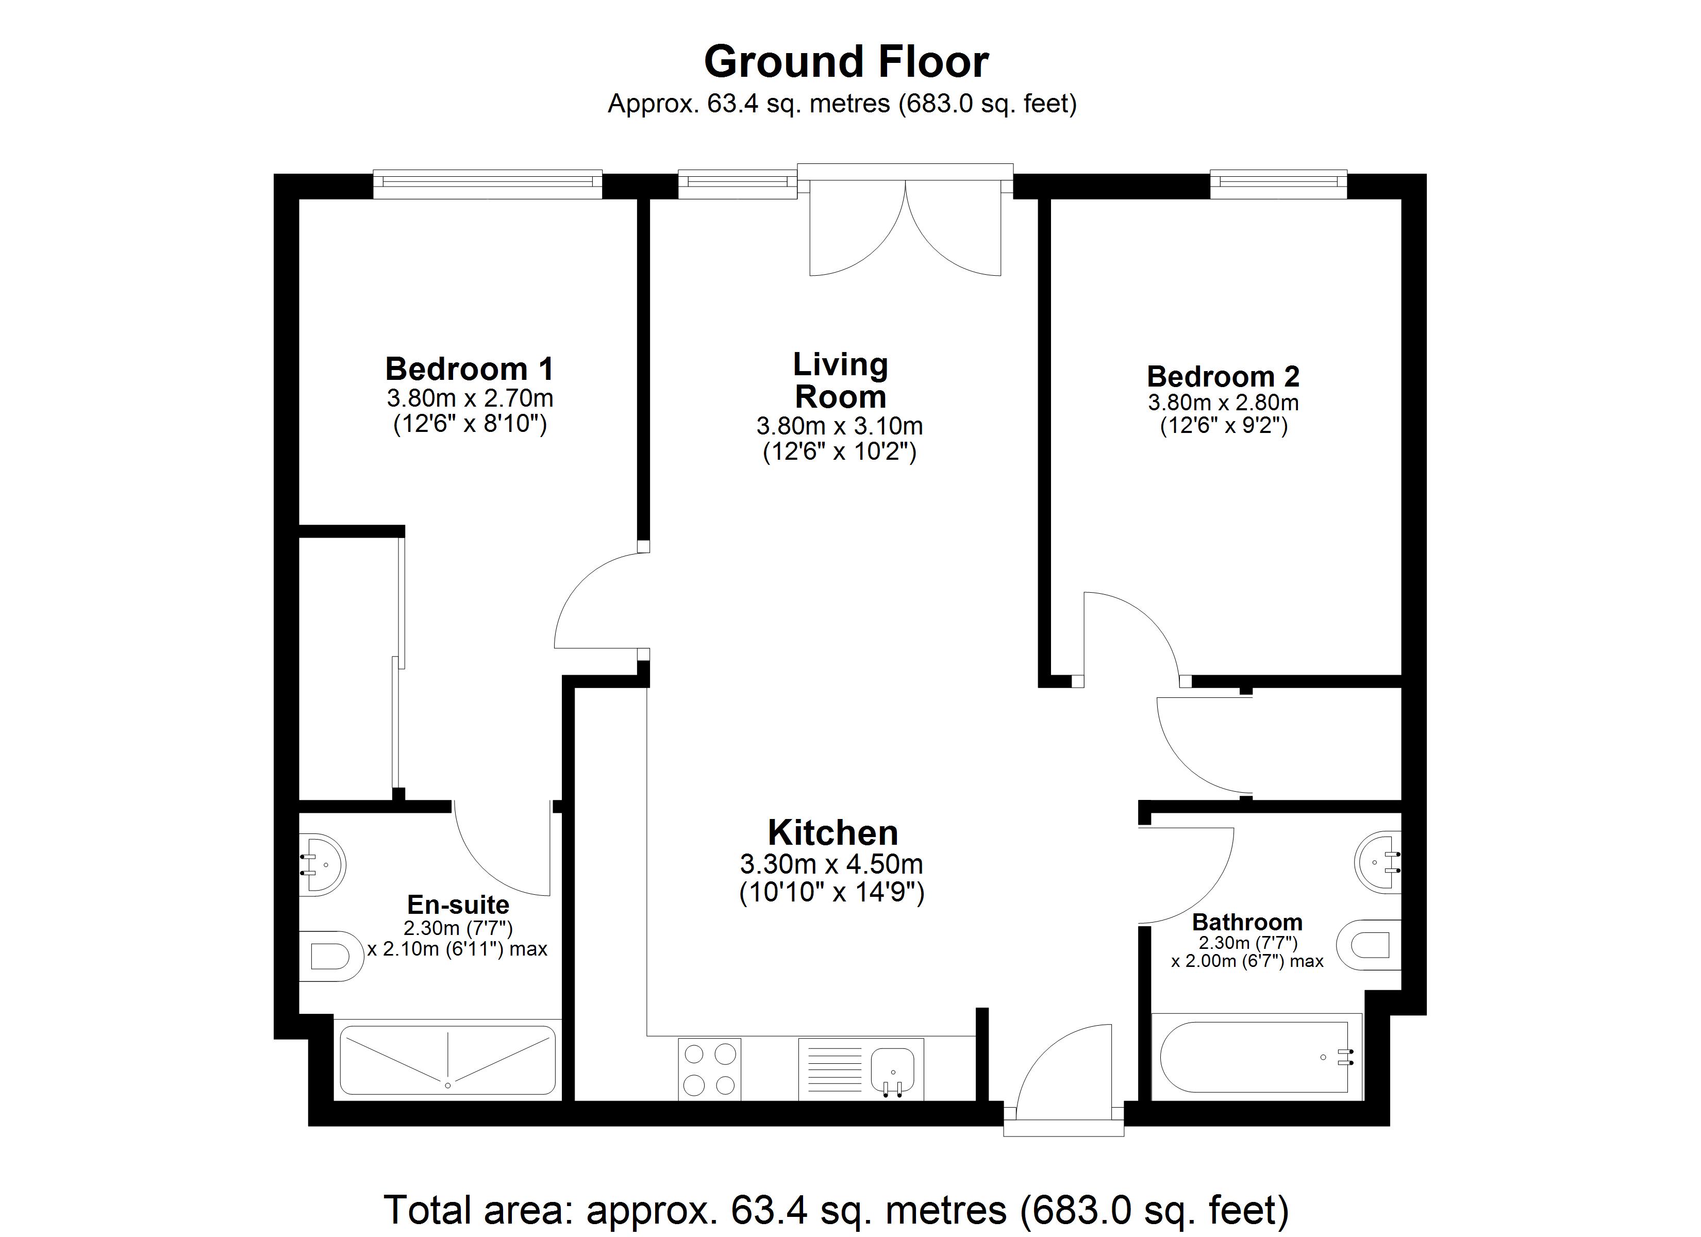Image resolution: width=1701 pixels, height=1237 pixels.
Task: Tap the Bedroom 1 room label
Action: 470,369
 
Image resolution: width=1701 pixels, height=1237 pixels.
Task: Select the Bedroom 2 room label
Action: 1223,376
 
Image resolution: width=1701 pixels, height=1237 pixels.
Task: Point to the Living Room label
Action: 841,380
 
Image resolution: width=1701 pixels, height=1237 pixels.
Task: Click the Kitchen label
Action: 832,833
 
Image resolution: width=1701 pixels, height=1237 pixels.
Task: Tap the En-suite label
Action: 458,904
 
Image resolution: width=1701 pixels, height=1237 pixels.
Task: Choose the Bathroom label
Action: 1247,922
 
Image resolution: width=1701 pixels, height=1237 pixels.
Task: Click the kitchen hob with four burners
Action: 709,1069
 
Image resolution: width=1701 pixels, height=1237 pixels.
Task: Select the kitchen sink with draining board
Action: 861,1069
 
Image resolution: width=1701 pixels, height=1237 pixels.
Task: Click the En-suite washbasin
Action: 323,865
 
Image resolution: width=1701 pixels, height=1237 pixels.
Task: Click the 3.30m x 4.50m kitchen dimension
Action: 831,864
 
